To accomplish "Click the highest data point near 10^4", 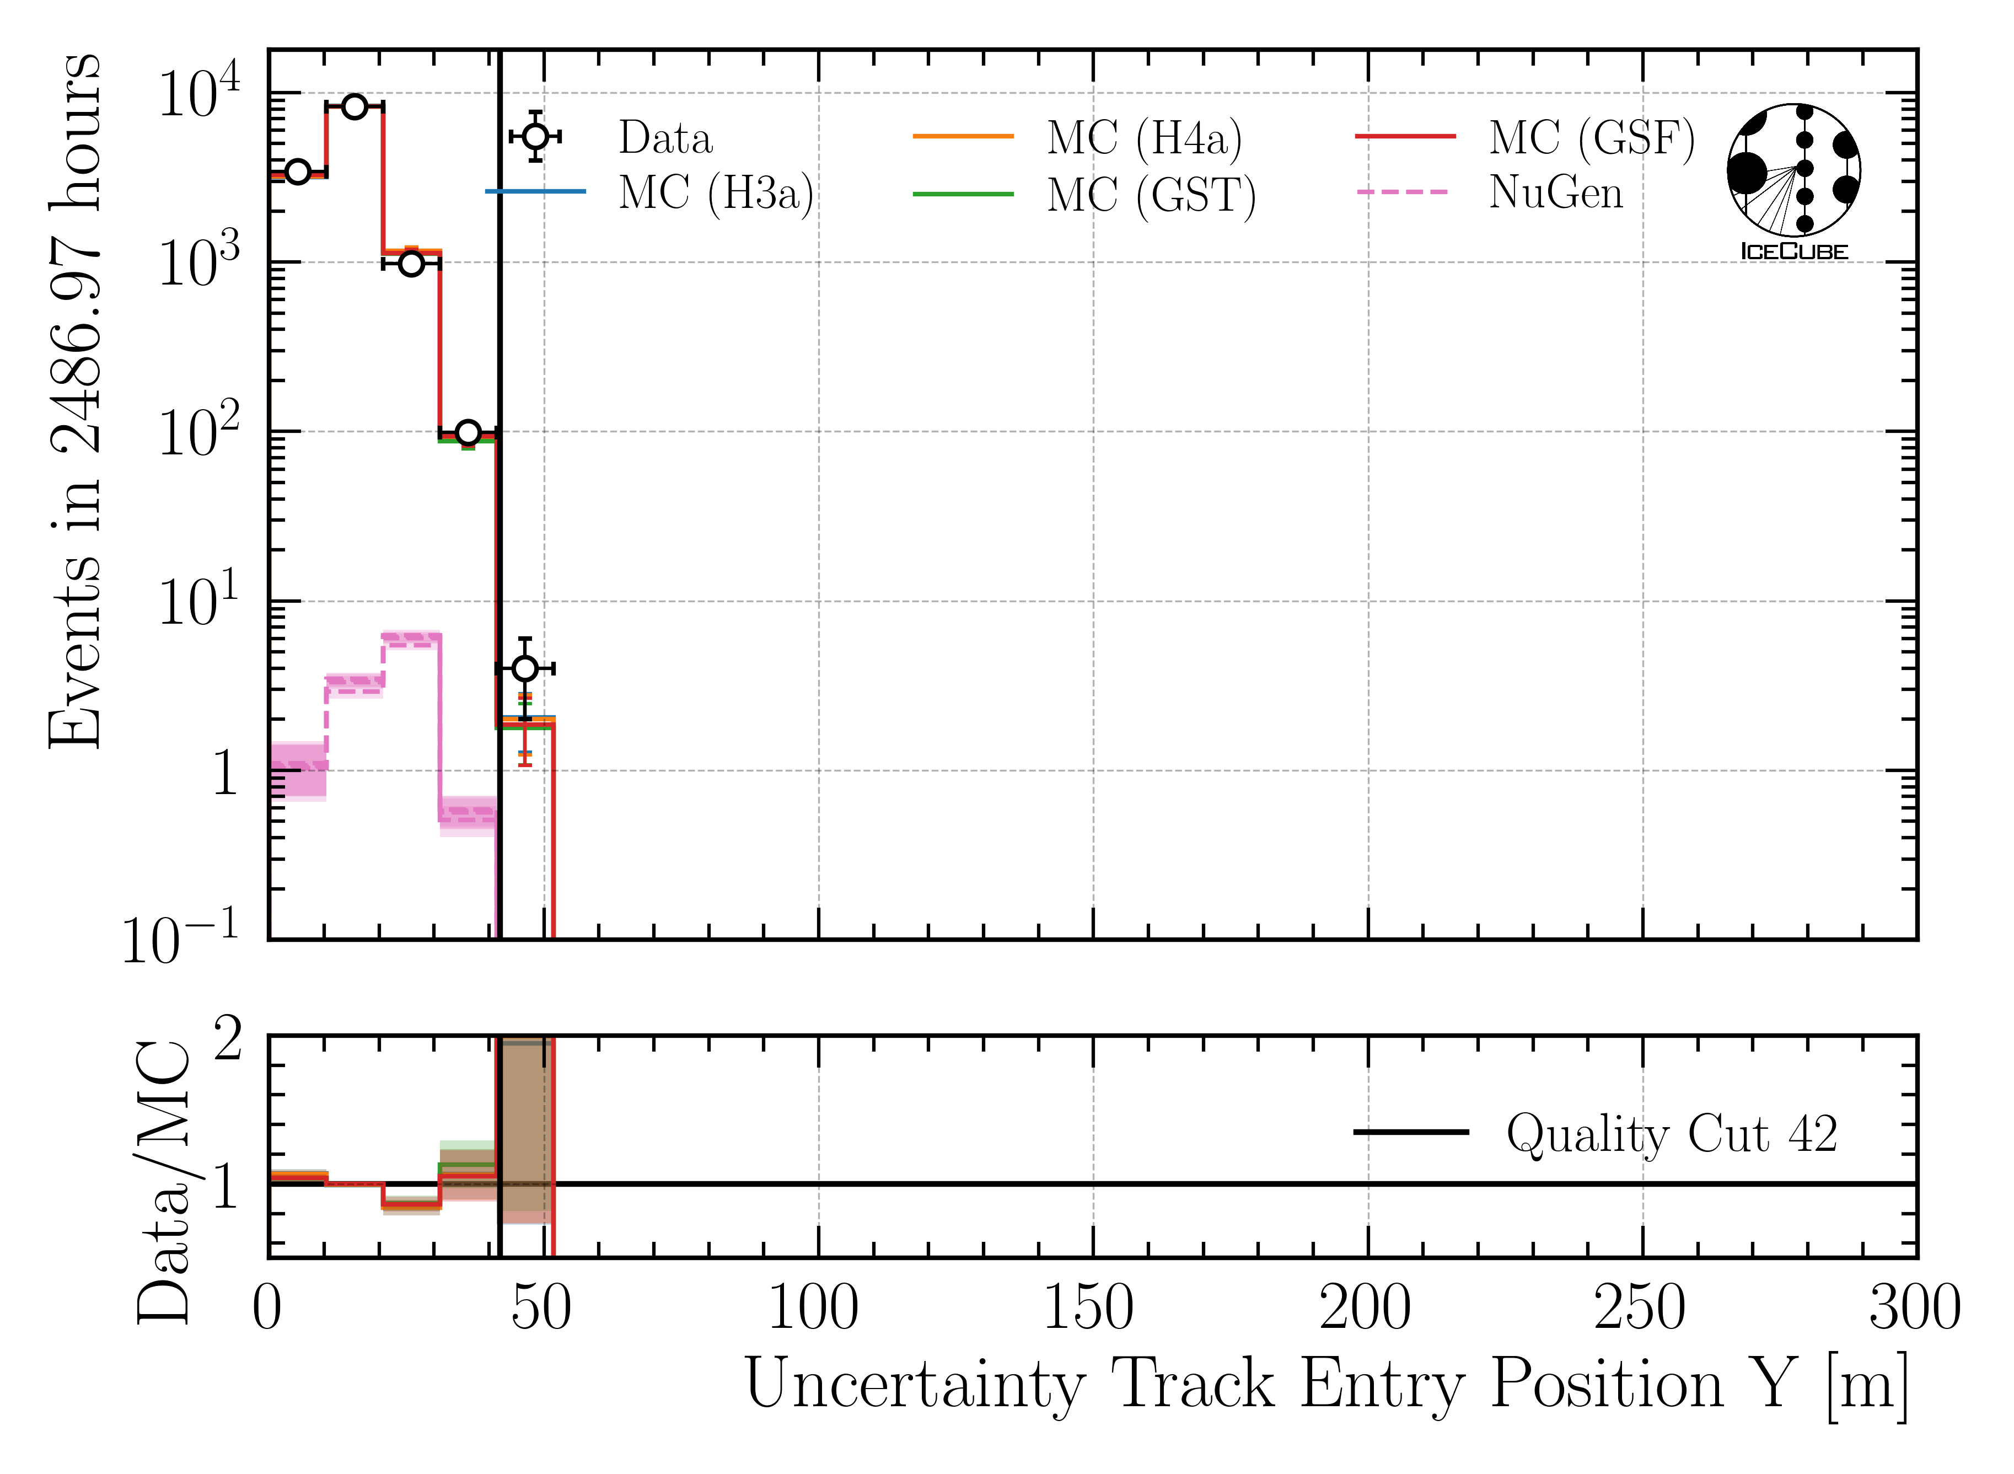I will coord(354,106).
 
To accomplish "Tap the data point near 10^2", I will coord(468,433).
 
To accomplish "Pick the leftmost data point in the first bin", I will coord(297,171).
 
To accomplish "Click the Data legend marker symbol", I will coord(535,137).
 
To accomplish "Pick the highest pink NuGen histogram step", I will coord(411,638).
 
